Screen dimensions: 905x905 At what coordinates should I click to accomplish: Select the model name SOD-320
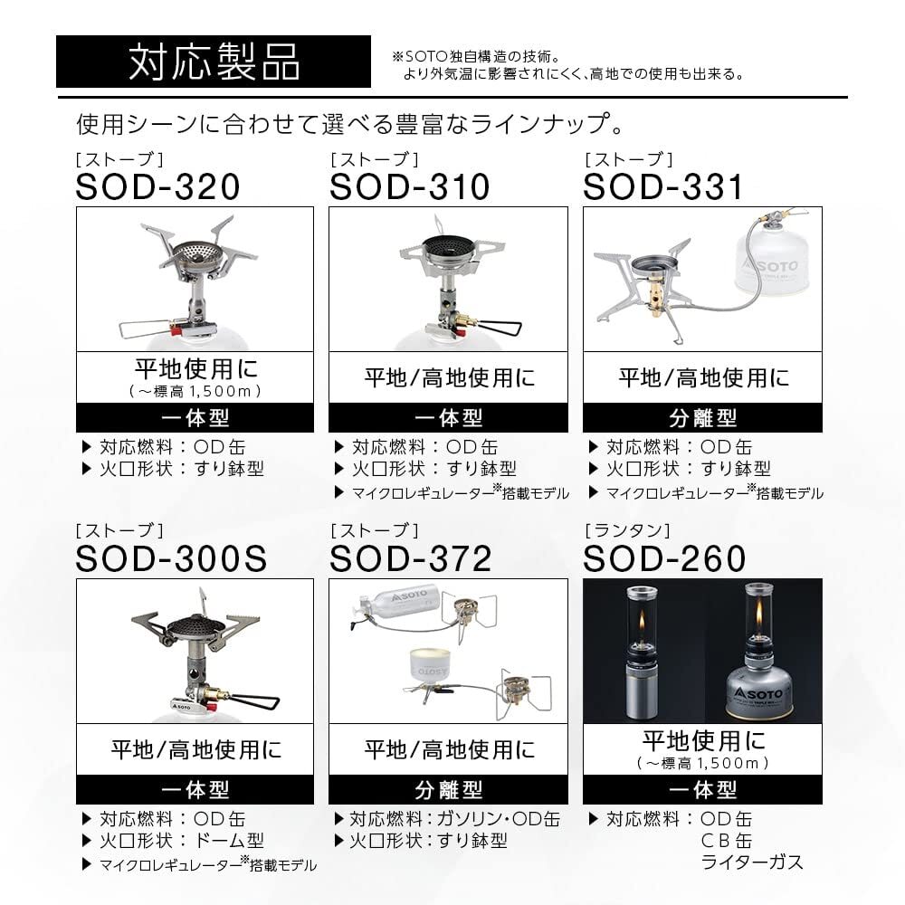(x=158, y=187)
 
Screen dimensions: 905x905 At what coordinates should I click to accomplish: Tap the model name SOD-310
(x=409, y=187)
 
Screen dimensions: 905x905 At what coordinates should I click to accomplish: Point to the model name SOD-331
(x=662, y=187)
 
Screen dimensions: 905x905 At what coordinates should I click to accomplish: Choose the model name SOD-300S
(x=172, y=558)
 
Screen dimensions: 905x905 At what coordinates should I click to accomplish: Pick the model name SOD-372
(x=411, y=558)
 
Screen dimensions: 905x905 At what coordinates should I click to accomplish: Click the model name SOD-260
(x=664, y=558)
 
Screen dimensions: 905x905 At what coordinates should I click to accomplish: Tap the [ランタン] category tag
(x=628, y=530)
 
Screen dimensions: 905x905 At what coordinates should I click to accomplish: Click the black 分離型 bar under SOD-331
(x=702, y=417)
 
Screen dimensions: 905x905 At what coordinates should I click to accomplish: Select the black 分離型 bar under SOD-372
(x=448, y=789)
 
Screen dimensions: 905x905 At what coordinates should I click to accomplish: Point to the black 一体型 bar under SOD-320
(x=195, y=417)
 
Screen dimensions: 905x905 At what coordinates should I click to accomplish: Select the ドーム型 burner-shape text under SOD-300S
(x=231, y=842)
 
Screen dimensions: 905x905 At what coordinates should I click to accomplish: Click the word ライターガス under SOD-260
(x=752, y=862)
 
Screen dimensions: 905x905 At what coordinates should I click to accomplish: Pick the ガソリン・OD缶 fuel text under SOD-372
(x=493, y=820)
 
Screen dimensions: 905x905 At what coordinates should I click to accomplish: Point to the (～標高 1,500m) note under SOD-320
(x=195, y=391)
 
